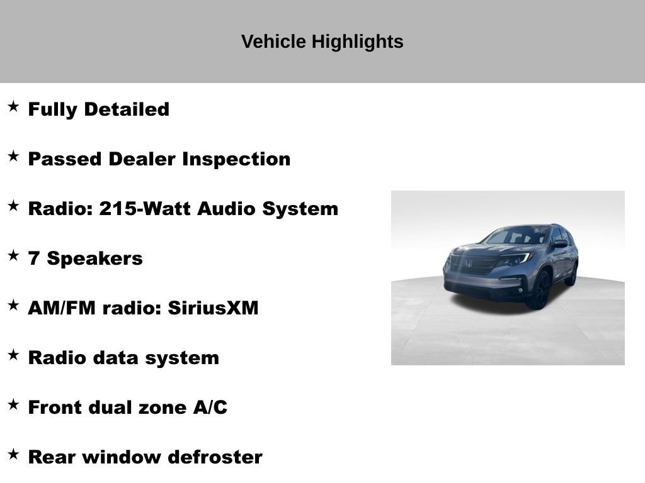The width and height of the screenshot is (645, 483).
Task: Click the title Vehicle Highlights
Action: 322,42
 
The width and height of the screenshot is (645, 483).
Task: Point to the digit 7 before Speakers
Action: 33,258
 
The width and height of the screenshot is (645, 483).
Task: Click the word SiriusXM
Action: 214,308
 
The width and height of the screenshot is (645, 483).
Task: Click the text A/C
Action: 210,408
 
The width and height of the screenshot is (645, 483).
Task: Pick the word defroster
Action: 219,457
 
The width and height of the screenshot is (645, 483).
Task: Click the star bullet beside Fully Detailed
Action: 13,106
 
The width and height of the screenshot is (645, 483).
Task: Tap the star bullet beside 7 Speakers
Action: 13,255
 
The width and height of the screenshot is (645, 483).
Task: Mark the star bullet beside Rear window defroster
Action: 13,454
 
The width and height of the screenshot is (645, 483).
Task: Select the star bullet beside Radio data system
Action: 13,355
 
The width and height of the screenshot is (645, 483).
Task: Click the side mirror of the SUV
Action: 561,243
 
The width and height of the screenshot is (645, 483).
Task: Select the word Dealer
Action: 142,159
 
